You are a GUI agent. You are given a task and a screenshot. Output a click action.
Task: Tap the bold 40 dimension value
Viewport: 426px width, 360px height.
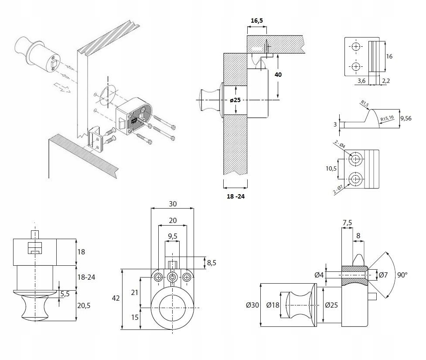[x=278, y=75]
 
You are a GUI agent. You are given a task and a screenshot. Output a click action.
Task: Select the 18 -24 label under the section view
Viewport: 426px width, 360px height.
[x=235, y=196]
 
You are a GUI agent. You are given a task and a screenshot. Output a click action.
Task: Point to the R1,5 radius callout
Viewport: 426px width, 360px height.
[x=365, y=103]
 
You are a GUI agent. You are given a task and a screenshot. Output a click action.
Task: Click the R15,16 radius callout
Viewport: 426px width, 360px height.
[x=387, y=118]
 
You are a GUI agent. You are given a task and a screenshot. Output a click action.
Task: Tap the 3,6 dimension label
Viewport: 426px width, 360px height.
[x=361, y=81]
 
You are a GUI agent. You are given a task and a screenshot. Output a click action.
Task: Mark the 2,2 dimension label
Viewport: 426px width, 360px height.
[x=386, y=81]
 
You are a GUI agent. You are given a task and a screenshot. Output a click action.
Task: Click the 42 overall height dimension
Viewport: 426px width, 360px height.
[x=116, y=298]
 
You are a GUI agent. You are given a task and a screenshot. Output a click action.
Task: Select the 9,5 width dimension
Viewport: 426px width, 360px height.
[x=173, y=236]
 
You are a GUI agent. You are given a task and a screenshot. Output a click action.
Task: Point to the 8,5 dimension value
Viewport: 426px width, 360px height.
[x=212, y=263]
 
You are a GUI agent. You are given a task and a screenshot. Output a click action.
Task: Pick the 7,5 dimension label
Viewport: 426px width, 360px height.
[x=348, y=223]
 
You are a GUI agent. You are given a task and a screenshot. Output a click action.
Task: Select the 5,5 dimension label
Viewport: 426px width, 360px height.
[x=65, y=294]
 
